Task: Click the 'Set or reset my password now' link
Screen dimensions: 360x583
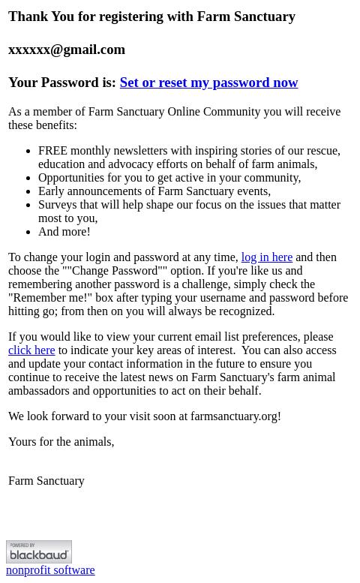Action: point(208,83)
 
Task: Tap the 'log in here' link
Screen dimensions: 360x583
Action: point(266,257)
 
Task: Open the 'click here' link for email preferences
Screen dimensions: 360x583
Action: point(31,350)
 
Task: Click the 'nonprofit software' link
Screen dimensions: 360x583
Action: point(50,570)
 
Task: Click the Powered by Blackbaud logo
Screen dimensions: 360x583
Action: point(39,551)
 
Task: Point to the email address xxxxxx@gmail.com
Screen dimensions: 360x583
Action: point(67,50)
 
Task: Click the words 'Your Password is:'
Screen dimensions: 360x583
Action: point(61,83)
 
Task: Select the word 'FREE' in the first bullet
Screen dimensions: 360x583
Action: point(52,151)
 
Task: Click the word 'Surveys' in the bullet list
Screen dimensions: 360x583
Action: point(58,205)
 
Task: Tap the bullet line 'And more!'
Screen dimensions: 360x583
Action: point(64,232)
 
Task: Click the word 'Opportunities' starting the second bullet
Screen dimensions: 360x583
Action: point(71,178)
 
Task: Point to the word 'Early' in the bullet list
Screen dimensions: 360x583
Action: point(52,191)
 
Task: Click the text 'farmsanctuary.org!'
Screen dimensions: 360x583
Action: point(235,416)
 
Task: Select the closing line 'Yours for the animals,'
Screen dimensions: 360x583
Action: point(61,442)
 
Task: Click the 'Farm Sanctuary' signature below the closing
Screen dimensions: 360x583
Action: point(46,481)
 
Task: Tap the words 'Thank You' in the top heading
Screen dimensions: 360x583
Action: point(41,17)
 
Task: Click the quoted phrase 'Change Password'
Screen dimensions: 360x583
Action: point(115,271)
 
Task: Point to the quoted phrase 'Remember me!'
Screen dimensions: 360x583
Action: point(49,298)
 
